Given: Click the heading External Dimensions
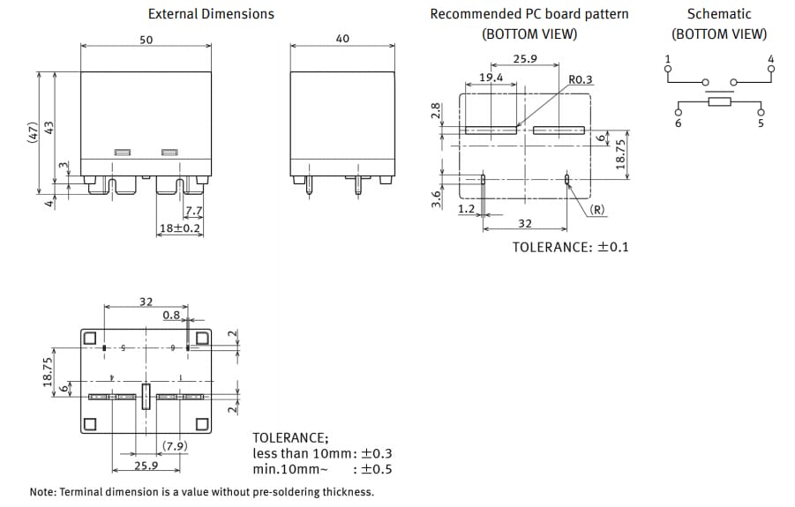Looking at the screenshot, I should (211, 14).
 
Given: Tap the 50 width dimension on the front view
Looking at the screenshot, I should (146, 40).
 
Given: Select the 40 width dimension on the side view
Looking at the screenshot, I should (342, 40).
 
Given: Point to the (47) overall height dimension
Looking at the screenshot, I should (33, 133).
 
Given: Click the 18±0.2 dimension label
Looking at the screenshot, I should (180, 228).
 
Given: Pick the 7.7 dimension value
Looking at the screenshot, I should (193, 212).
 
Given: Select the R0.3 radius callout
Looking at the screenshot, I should (581, 79).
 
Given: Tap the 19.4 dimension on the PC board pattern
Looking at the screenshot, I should (491, 78).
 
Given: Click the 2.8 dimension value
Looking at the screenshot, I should (435, 111).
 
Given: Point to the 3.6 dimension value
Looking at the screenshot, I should (435, 200).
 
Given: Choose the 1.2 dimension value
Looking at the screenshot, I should (467, 210).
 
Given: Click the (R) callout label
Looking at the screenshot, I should (596, 210).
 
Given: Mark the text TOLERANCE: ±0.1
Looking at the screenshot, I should (570, 247).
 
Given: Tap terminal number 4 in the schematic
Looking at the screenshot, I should (770, 60).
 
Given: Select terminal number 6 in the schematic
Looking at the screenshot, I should (678, 123).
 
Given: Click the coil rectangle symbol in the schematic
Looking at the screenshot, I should (719, 103).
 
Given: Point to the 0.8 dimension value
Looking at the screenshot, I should (171, 315).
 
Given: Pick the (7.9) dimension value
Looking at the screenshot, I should (175, 445).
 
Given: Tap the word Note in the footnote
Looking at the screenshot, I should (44, 492).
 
